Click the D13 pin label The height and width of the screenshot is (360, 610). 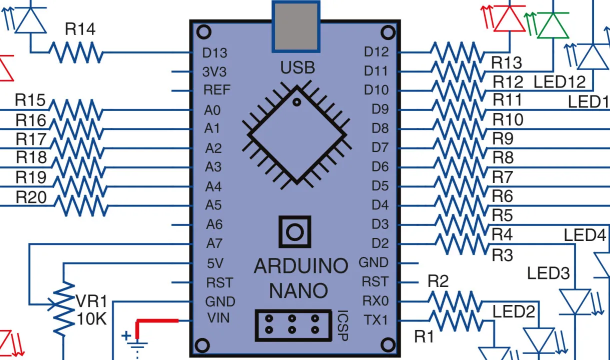(215, 52)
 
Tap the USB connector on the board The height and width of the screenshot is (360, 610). (296, 26)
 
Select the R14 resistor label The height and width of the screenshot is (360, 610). (80, 29)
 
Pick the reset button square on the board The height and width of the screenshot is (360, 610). (295, 231)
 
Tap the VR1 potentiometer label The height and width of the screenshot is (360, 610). (91, 301)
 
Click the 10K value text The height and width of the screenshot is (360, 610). (91, 318)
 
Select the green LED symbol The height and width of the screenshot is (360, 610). (553, 25)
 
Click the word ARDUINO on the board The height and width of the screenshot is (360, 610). (301, 266)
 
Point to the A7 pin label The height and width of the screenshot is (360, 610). (214, 243)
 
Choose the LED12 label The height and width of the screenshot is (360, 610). (560, 81)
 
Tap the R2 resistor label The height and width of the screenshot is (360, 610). (438, 281)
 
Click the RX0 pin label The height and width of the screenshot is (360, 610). (375, 300)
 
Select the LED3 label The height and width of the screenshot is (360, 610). (549, 273)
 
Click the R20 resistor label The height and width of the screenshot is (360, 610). (31, 197)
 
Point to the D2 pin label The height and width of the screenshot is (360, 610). (380, 243)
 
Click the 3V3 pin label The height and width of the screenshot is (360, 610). (214, 72)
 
